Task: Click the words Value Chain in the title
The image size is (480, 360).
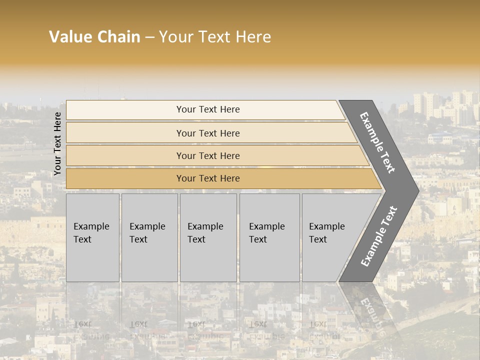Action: pyautogui.click(x=94, y=37)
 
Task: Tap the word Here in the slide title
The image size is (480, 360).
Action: pyautogui.click(x=253, y=37)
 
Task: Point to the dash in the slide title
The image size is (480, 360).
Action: pyautogui.click(x=149, y=37)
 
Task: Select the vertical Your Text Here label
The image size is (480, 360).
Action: pyautogui.click(x=58, y=143)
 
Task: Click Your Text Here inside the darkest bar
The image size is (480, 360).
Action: pyautogui.click(x=208, y=178)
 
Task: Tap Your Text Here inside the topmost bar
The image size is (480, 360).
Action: pyautogui.click(x=208, y=109)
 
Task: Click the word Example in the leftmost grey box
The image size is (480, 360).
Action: pyautogui.click(x=91, y=226)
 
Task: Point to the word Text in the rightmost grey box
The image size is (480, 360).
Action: pyautogui.click(x=318, y=239)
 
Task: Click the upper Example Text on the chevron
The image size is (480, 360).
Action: pyautogui.click(x=377, y=142)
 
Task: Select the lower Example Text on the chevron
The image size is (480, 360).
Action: pyautogui.click(x=379, y=236)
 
